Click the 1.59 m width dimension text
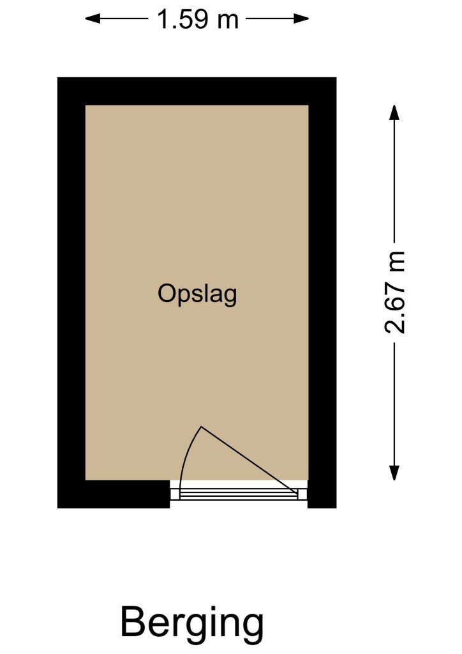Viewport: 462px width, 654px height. coord(197,19)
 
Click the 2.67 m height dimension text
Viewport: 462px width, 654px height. coord(394,293)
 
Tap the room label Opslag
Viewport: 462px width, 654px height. coord(197,295)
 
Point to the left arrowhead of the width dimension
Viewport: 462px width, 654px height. coord(93,19)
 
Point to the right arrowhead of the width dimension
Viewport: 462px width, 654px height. coord(301,19)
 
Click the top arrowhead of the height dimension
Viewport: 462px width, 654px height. coord(394,112)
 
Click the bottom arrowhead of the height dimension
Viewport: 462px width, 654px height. coord(394,473)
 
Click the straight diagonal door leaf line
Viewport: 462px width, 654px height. coord(250,461)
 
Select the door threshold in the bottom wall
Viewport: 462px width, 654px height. coord(239,494)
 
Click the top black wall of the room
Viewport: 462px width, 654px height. coord(197,91)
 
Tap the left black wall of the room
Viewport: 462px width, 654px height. coord(71,293)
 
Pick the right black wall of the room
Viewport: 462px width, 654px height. coord(322,293)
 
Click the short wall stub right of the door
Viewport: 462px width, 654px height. coord(322,494)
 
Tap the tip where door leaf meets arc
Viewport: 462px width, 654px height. coord(201,426)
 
